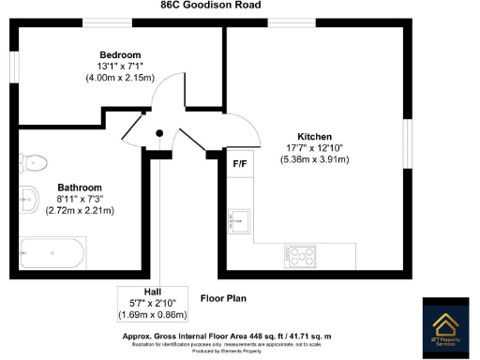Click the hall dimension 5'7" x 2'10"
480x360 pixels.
[153, 304]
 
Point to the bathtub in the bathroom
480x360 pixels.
[54, 252]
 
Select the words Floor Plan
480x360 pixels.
[222, 298]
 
